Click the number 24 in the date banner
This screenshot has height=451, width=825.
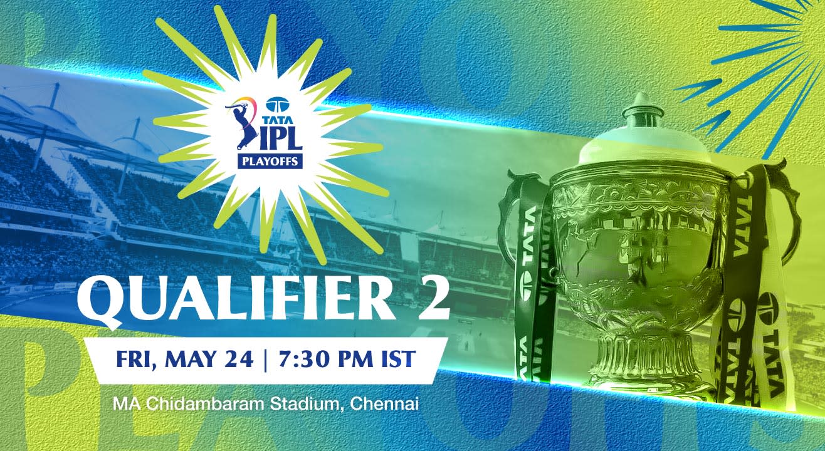click(241, 359)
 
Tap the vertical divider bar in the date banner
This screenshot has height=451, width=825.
click(266, 360)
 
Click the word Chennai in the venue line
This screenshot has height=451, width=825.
click(384, 404)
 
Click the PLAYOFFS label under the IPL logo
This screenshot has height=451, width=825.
click(270, 162)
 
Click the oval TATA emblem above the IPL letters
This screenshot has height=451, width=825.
click(278, 105)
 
